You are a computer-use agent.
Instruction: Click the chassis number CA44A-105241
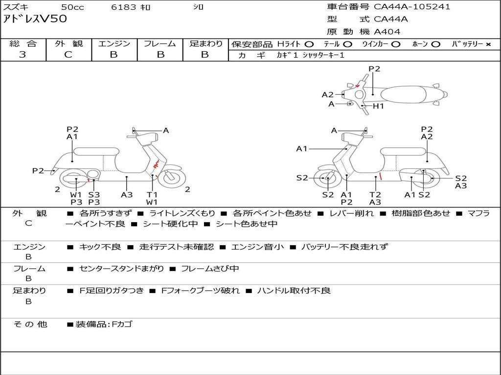412,7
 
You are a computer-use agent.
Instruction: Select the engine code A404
387,32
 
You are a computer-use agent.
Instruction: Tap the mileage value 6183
123,7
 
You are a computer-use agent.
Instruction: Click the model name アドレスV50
35,20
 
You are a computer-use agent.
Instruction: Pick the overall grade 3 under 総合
23,55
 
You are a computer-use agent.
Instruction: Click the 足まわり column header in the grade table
205,44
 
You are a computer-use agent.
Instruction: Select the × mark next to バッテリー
488,44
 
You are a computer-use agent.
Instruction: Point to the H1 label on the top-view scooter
379,106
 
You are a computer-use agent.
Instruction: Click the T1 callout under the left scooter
152,194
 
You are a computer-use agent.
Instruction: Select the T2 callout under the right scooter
375,194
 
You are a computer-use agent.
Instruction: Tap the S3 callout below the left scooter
94,194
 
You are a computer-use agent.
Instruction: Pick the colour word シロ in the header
198,7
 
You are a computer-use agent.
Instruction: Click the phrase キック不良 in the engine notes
100,247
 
